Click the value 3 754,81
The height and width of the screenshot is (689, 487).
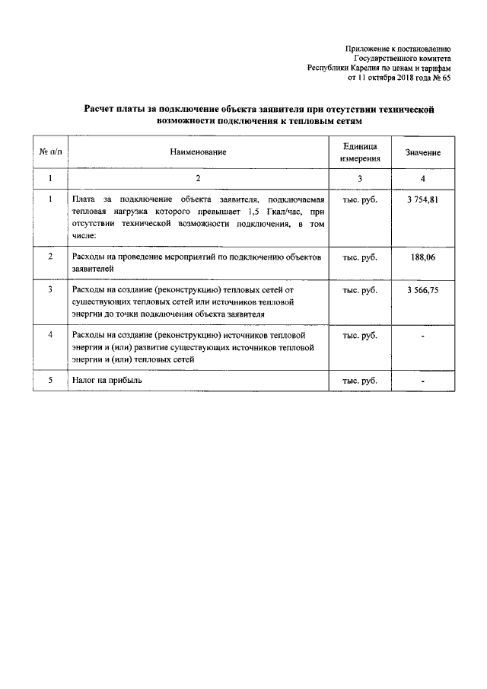tap(422, 199)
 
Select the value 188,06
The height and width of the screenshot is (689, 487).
tap(423, 258)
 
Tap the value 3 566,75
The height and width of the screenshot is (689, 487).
tap(422, 290)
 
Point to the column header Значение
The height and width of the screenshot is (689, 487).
tap(423, 153)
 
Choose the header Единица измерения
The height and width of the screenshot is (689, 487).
tap(360, 152)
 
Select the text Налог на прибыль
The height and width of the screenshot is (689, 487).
tap(107, 378)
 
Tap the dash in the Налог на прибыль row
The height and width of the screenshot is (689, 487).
tap(422, 379)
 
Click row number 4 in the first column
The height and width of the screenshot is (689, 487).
tap(50, 334)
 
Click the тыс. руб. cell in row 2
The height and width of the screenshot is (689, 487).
tap(360, 258)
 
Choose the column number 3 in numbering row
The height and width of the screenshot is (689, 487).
tap(360, 178)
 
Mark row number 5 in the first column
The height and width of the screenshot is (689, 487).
tap(50, 378)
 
